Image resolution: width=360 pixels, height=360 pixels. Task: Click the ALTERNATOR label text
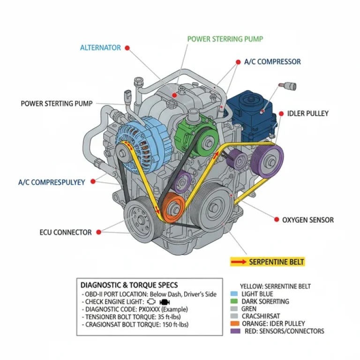(100, 48)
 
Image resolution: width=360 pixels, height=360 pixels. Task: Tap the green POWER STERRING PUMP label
(225, 39)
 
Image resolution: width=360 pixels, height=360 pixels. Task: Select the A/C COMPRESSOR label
(272, 61)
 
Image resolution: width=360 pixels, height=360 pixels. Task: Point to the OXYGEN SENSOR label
(308, 219)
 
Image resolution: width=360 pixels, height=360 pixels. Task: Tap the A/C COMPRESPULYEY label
(52, 182)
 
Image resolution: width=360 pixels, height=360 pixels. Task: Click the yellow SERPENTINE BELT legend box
(267, 262)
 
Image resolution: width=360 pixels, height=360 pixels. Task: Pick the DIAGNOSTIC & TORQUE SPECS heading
(129, 285)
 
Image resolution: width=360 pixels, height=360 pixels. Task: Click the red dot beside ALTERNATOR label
(127, 48)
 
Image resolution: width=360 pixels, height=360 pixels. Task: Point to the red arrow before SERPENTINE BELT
(238, 262)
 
